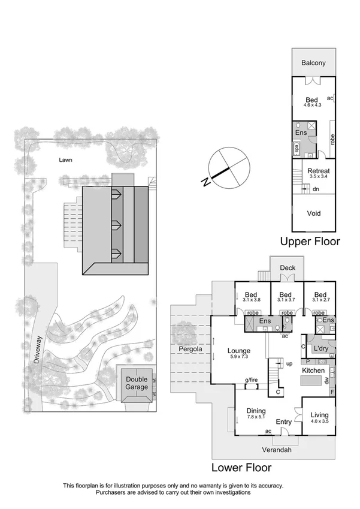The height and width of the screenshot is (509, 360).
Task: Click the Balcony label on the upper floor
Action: tap(313, 62)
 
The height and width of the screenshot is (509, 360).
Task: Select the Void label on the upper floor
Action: tap(313, 213)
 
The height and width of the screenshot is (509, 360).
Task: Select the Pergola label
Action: tap(189, 348)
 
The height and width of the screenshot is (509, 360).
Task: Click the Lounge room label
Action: tap(238, 351)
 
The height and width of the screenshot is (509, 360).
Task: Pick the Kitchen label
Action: tap(313, 372)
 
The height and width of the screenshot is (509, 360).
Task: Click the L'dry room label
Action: tap(320, 348)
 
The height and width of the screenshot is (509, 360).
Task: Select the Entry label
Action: tap(283, 422)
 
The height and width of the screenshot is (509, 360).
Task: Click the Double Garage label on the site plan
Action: tap(137, 383)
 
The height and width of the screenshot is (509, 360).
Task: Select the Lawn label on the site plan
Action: tap(66, 160)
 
